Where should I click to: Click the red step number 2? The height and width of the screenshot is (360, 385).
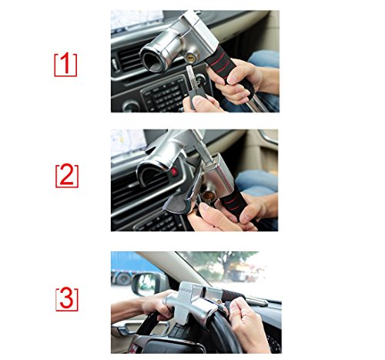click(x=67, y=175)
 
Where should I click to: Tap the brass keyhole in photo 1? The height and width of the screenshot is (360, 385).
click(x=191, y=59)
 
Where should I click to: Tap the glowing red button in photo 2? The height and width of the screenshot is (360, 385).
click(x=174, y=172)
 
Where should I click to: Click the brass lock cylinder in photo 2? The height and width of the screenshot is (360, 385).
click(x=209, y=196)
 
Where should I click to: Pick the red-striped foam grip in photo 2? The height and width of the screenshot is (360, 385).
click(x=234, y=206)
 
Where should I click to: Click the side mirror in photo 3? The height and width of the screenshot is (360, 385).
click(x=147, y=284)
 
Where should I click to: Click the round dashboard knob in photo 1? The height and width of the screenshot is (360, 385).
click(x=132, y=106)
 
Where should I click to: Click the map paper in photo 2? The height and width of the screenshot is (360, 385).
click(x=128, y=143)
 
